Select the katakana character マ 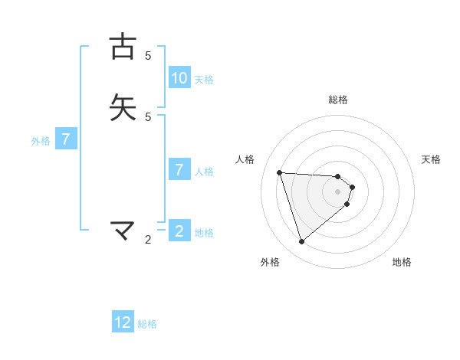(x=123, y=229)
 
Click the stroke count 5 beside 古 (x=148, y=56)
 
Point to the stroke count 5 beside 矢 (x=148, y=117)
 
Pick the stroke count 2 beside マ (x=148, y=240)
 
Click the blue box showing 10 (x=179, y=78)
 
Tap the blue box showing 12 (x=123, y=322)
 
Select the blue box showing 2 (x=179, y=231)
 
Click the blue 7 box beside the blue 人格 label (x=179, y=170)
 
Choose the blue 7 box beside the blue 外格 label (x=66, y=139)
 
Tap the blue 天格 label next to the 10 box (x=204, y=80)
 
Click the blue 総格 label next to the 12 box (x=147, y=324)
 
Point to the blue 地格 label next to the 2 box (x=204, y=233)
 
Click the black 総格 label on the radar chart (x=338, y=100)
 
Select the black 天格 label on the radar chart (x=431, y=159)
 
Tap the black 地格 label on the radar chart (x=402, y=262)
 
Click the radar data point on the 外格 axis (x=301, y=242)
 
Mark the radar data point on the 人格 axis (x=279, y=172)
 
